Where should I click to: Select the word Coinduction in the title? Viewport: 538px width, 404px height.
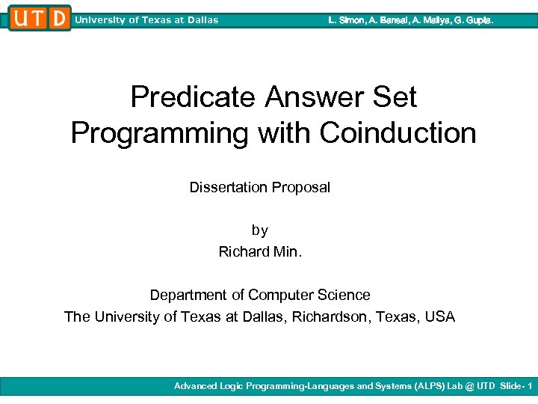tap(398, 133)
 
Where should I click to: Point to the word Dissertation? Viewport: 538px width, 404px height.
tap(226, 187)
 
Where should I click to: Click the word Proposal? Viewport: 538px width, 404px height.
tap(298, 187)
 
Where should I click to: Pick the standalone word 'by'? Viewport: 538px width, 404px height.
tap(259, 230)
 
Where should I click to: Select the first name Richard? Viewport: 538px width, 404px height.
tap(242, 252)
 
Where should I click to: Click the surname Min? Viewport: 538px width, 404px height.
tap(286, 252)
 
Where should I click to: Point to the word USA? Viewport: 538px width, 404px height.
tap(439, 316)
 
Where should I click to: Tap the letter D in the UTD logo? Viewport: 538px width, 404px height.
tap(59, 18)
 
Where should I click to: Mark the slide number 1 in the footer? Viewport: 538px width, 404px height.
tap(529, 386)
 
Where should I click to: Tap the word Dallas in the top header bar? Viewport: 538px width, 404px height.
tap(202, 20)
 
